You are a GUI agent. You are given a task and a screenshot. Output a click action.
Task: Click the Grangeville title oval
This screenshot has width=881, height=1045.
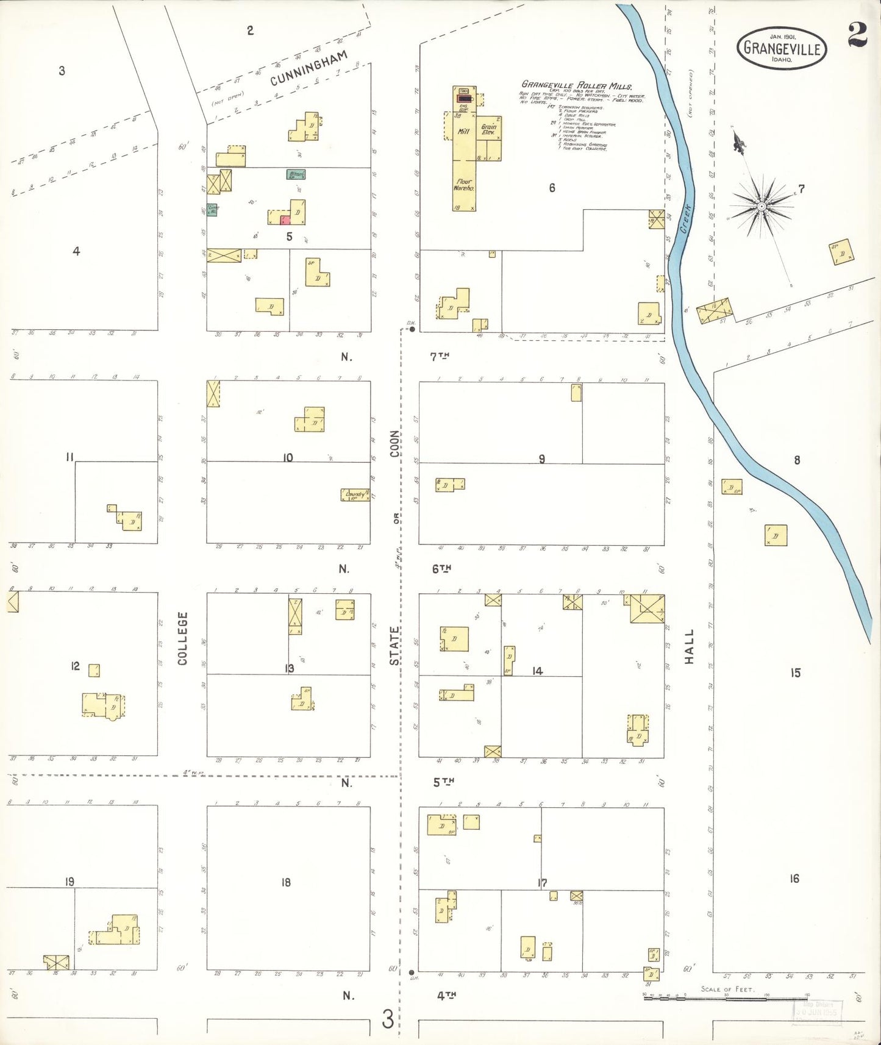(781, 48)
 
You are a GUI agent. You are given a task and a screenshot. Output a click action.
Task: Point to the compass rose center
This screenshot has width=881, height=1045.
(761, 207)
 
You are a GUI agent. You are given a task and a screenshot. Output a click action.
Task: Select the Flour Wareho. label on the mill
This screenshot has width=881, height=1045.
(463, 185)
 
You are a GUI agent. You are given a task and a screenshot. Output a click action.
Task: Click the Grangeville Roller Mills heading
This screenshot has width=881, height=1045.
(576, 85)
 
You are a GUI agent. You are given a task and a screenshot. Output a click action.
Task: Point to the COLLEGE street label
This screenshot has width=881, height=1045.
(183, 638)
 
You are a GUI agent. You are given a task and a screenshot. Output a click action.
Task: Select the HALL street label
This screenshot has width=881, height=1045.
(689, 647)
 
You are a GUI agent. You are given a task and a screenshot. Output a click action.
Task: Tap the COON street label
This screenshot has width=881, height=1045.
(395, 444)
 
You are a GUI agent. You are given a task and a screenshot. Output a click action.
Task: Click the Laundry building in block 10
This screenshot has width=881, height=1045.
(355, 494)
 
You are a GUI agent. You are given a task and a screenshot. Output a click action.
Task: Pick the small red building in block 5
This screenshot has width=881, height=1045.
(285, 219)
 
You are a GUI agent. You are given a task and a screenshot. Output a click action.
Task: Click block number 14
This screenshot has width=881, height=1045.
(537, 671)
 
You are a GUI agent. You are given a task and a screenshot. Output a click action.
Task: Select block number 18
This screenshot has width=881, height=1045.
(286, 882)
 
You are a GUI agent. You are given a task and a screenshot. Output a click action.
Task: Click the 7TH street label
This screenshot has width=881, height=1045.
(441, 357)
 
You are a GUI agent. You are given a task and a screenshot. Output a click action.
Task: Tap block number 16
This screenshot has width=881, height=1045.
(794, 879)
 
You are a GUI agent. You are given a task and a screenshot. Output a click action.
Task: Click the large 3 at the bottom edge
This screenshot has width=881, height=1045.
(388, 1019)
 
